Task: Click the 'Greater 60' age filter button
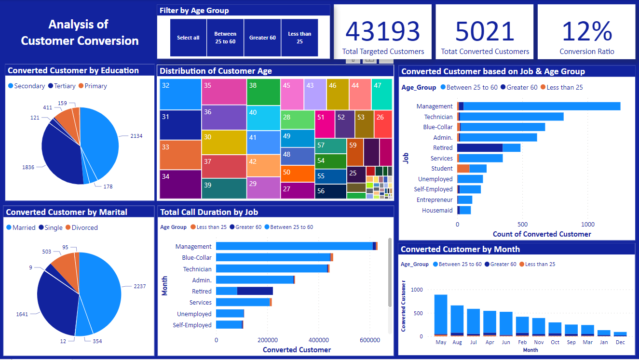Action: point(262,38)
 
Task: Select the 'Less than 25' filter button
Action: point(299,38)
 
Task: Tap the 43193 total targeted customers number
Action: point(383,32)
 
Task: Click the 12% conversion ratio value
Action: point(586,32)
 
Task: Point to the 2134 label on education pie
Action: point(136,136)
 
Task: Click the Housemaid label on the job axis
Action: point(437,210)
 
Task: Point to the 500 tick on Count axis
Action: point(522,224)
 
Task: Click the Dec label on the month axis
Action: point(620,342)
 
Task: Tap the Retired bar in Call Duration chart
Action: point(244,291)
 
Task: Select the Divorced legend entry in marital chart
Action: point(84,227)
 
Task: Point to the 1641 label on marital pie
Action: point(22,314)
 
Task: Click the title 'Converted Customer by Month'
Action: point(460,249)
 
